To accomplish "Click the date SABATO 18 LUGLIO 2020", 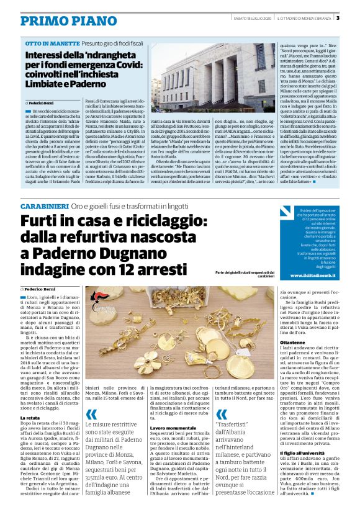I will coord(254,17).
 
